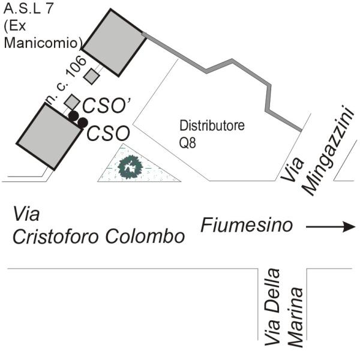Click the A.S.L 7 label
(27, 9)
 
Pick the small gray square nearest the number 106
(91, 76)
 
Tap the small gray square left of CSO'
(71, 101)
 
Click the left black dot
(73, 115)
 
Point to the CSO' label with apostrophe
(107, 105)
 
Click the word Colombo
(151, 236)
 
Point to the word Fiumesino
(247, 226)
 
